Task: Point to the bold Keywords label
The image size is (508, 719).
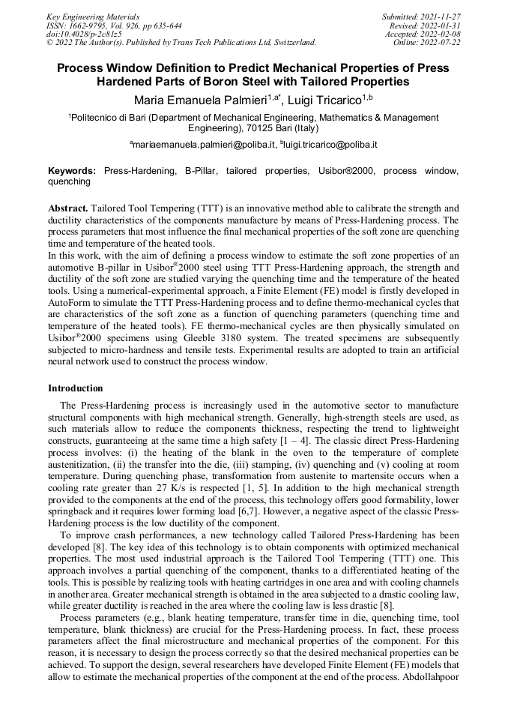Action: click(72, 171)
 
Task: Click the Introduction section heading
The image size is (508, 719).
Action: click(76, 388)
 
